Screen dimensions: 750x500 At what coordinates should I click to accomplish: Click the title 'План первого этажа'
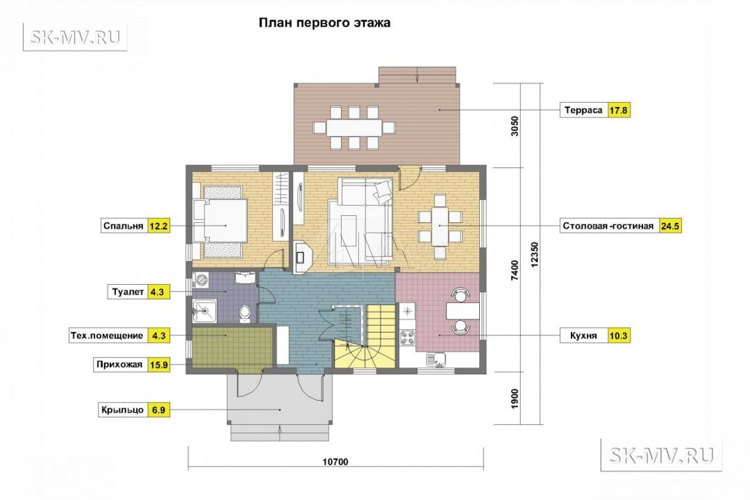(324, 23)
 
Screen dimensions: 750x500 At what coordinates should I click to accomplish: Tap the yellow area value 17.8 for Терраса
(618, 110)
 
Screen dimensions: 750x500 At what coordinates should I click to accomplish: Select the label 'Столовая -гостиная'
(608, 226)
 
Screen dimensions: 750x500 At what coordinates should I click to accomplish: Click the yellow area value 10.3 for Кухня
(618, 335)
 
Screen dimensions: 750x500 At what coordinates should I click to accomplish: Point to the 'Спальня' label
(124, 226)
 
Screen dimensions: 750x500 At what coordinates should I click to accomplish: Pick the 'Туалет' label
(128, 292)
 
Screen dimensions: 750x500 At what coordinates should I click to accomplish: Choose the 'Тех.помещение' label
(107, 335)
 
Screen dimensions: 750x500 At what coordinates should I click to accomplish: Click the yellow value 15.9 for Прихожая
(159, 365)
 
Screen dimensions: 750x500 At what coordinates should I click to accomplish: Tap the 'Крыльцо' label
(122, 410)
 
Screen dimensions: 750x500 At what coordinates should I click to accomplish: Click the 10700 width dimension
(335, 462)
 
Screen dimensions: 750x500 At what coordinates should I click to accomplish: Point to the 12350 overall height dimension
(535, 254)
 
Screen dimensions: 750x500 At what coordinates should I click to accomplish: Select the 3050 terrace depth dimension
(515, 126)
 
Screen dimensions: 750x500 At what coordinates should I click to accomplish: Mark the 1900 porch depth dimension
(515, 399)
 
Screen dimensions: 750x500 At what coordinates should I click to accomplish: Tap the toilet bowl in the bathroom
(245, 312)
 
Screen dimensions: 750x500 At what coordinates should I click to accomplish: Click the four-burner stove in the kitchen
(408, 337)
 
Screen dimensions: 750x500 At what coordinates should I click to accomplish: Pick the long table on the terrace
(354, 128)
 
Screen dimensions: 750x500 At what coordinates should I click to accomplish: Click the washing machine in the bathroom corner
(201, 280)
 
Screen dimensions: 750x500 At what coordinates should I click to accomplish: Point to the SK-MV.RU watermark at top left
(75, 37)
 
